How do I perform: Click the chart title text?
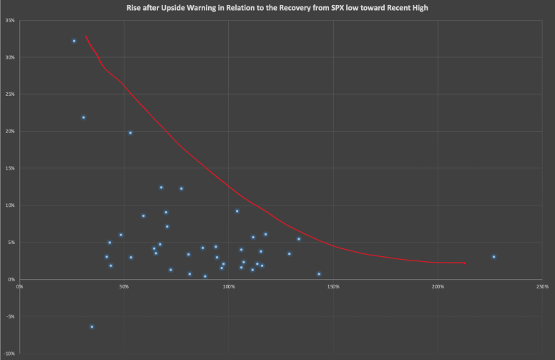coord(277,7)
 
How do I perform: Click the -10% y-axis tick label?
coord(11,354)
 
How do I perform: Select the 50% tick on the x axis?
coord(124,286)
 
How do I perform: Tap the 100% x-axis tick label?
coord(228,286)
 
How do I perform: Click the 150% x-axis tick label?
coord(333,286)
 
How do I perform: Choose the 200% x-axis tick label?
coord(438,286)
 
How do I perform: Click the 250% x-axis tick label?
coord(542,286)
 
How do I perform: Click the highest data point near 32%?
coord(74,41)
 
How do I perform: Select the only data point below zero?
coord(92,326)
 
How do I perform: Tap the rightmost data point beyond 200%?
coord(493,257)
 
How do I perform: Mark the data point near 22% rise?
coord(84,117)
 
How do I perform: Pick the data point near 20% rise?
coord(130,132)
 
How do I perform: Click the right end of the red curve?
coord(466,263)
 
